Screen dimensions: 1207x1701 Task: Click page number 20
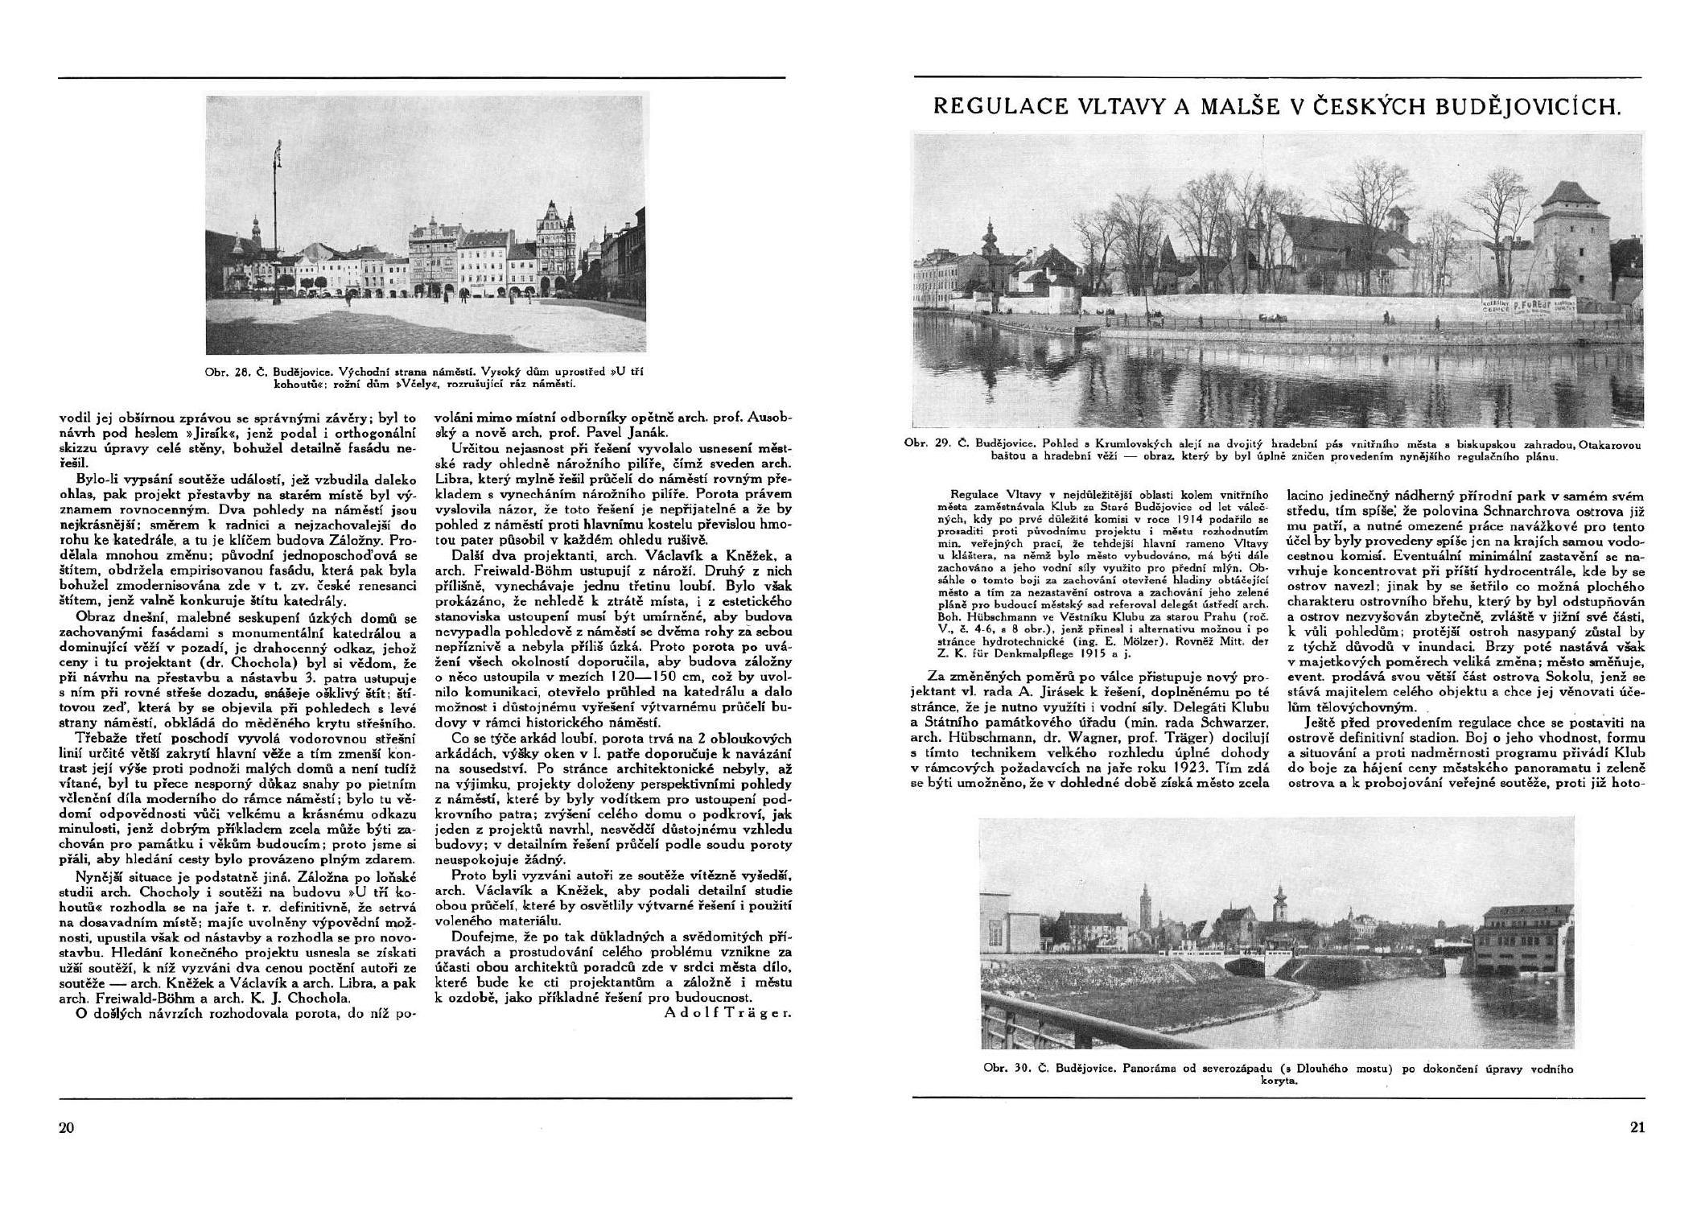click(66, 1127)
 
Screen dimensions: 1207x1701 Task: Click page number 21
click(1637, 1127)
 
